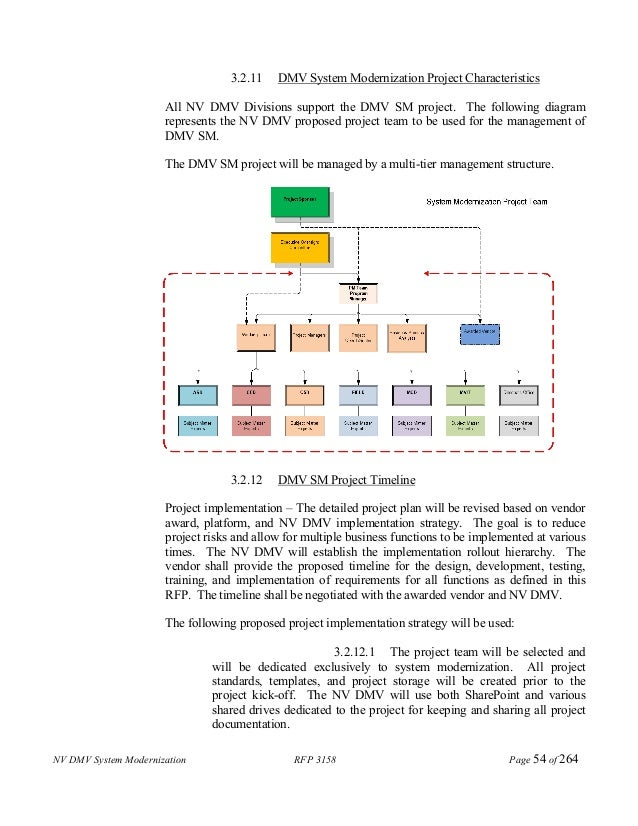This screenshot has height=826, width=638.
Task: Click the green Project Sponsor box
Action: [x=299, y=201]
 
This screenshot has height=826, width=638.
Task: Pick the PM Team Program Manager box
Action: [x=358, y=291]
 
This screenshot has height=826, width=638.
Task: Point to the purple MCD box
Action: [x=410, y=394]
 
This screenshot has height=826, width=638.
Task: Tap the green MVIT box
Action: [x=464, y=394]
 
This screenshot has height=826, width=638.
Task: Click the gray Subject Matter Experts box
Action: [x=518, y=425]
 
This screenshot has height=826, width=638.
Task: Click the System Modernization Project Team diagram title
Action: [x=486, y=202]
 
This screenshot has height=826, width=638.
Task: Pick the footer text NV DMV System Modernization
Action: [x=119, y=790]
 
